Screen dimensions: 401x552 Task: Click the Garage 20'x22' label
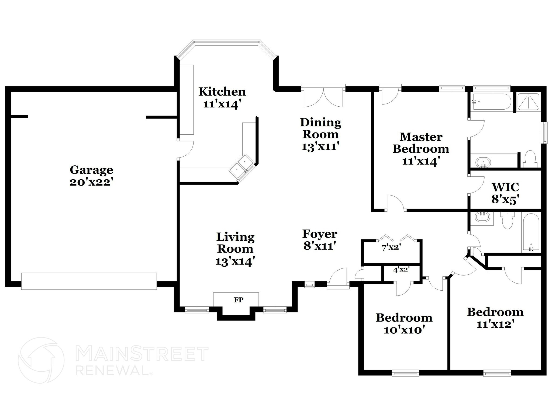[91, 176]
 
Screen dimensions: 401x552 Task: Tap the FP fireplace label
[239, 300]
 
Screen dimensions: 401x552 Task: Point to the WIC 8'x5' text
[505, 193]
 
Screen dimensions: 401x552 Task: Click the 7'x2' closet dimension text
[390, 248]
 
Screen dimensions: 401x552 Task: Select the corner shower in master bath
[528, 102]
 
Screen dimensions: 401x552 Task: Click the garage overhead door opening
[89, 281]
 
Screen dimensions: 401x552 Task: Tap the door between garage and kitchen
[185, 149]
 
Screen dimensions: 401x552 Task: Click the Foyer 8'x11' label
[320, 239]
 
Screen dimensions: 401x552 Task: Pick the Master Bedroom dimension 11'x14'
[421, 161]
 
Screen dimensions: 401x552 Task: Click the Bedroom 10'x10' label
[404, 323]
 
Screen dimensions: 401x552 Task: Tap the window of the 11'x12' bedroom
[497, 373]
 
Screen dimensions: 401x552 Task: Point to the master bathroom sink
[483, 162]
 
